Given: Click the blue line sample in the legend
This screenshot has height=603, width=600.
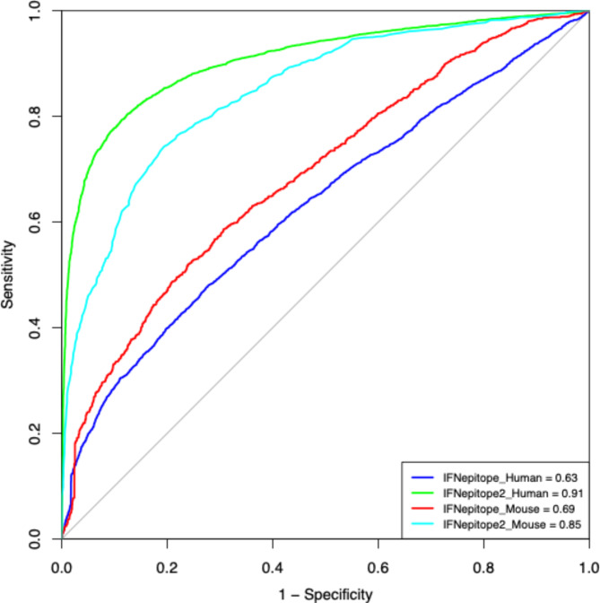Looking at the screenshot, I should point(424,476).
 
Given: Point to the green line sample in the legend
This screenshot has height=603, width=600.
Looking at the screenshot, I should point(424,493).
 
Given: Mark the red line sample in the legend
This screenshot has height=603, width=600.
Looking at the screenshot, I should point(424,509).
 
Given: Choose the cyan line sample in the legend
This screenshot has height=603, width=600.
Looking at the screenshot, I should point(424,524).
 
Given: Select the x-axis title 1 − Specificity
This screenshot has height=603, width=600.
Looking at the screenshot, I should point(325,593).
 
